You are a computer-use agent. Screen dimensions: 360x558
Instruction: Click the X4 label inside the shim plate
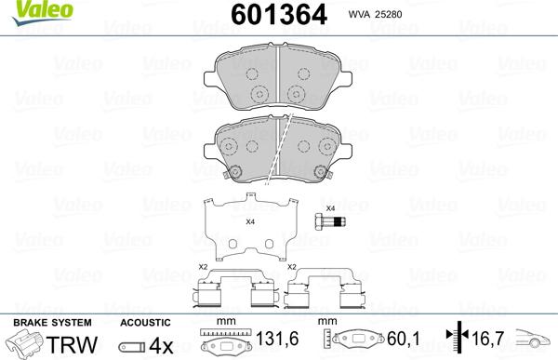click(250, 221)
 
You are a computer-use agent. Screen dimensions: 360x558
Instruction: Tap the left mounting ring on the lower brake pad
click(236, 171)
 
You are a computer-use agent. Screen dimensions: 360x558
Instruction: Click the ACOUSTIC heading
click(144, 322)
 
